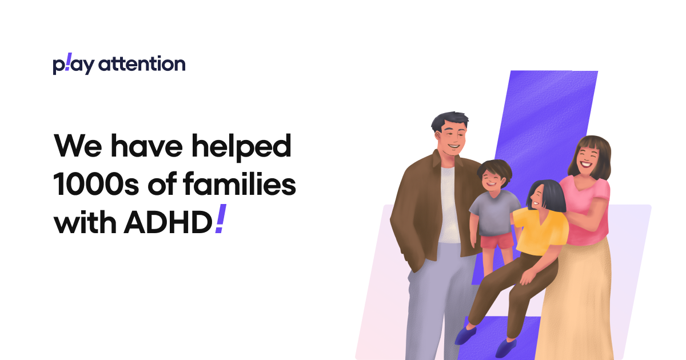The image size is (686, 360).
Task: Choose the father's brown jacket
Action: pyautogui.click(x=420, y=206)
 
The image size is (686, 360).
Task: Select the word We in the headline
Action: pyautogui.click(x=77, y=147)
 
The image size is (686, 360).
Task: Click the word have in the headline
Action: pyautogui.click(x=146, y=147)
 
